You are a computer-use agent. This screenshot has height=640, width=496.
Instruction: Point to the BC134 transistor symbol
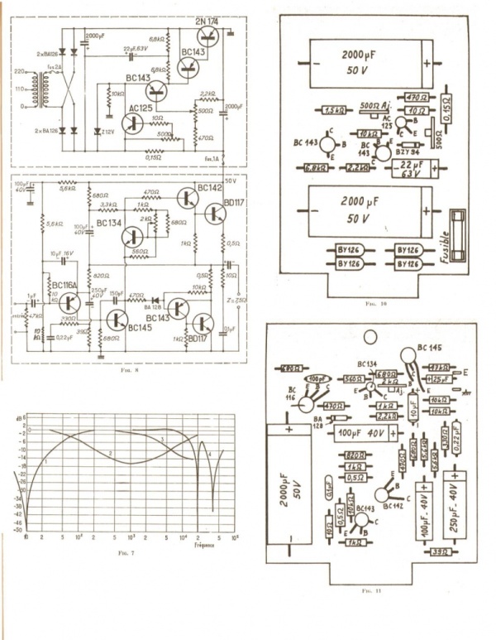[133, 237]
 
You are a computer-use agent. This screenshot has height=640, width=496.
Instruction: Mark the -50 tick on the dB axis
[18, 531]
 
